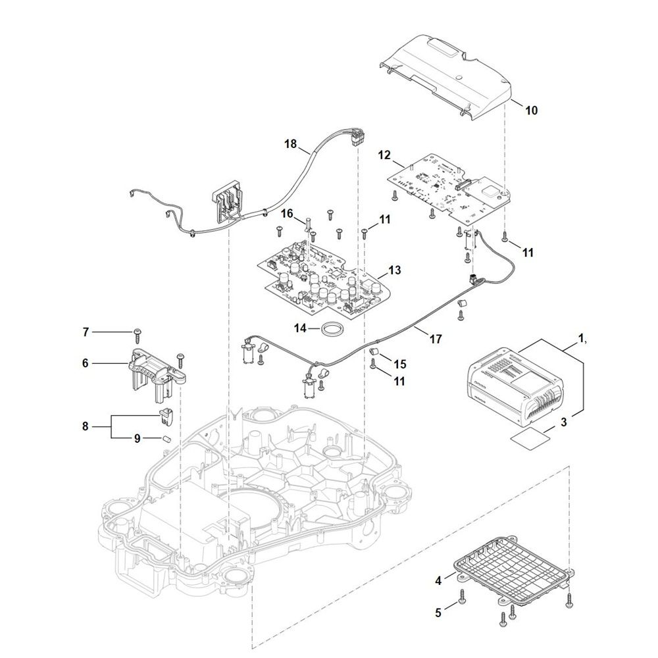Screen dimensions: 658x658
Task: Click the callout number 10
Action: pos(530,111)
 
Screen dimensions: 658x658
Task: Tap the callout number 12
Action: pos(385,156)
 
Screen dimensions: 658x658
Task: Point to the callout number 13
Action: pos(394,270)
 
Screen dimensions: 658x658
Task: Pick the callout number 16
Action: pos(287,213)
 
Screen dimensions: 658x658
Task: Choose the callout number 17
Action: pos(435,340)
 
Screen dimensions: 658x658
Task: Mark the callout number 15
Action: pos(400,363)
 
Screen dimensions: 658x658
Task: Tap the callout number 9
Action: pos(137,438)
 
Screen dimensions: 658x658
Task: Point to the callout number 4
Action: pos(438,581)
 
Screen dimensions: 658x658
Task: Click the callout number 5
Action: pos(438,611)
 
